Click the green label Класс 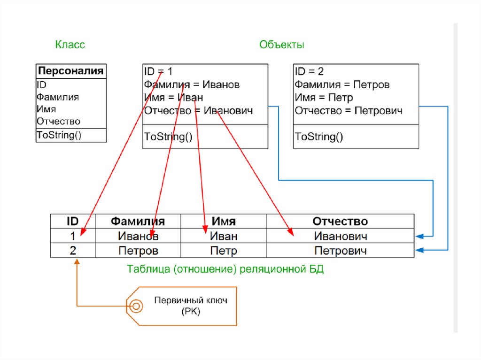(70, 45)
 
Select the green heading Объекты (282, 45)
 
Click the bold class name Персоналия (71, 71)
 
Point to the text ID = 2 (310, 71)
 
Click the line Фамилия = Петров (342, 85)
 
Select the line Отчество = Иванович (198, 111)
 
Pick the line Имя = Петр (324, 98)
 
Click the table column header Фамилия (138, 221)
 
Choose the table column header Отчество (340, 221)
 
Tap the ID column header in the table (73, 221)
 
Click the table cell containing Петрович (340, 251)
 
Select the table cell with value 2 (73, 250)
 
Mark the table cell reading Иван (224, 236)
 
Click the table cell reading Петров (138, 251)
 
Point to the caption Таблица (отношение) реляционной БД (225, 270)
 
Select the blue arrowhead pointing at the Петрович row (419, 250)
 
